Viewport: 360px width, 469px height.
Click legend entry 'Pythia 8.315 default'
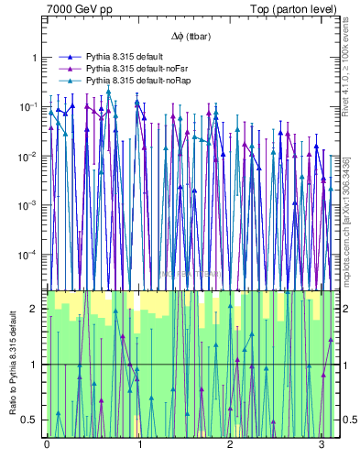[125, 57]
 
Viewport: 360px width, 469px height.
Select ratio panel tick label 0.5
[31, 420]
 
